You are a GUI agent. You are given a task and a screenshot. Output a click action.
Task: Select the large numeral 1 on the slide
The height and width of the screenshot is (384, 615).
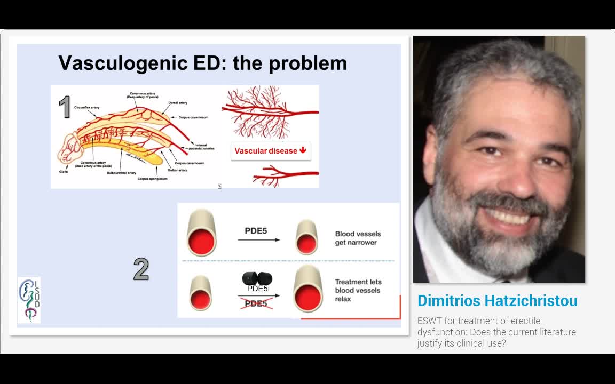pos(65,107)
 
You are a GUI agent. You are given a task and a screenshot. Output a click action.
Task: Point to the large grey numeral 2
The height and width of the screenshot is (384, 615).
pos(141,269)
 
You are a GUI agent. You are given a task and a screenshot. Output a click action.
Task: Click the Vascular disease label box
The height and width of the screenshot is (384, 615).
pos(270,150)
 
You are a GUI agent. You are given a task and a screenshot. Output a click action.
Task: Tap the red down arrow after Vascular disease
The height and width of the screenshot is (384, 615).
pos(303,150)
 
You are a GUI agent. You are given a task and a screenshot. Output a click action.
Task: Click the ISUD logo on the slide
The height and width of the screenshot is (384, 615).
pos(29,300)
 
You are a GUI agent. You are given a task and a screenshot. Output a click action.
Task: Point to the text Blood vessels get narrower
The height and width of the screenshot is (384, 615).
pos(358,238)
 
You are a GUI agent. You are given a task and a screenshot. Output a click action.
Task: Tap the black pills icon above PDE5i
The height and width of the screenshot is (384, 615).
pos(257,278)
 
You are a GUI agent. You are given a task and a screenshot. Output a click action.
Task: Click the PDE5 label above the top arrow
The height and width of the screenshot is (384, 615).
pos(256,230)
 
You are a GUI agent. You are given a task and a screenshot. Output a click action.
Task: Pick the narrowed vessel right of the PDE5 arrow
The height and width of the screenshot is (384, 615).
pos(306,237)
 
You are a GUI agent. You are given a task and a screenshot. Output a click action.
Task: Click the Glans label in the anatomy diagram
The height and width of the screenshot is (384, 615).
pos(64,172)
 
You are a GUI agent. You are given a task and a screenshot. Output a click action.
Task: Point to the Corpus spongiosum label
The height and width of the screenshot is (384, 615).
pos(152,179)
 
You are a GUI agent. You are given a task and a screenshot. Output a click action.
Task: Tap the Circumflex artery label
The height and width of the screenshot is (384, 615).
pos(87,107)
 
